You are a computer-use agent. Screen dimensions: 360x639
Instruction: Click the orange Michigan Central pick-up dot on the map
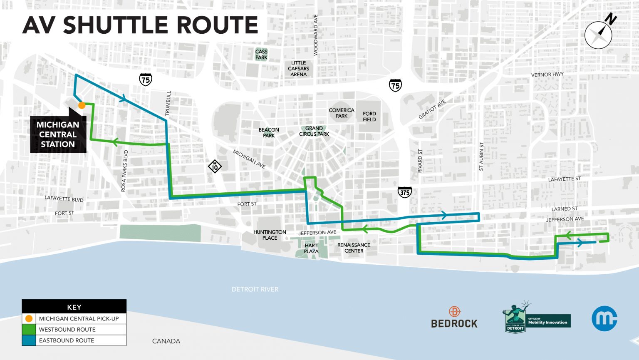tap(82, 105)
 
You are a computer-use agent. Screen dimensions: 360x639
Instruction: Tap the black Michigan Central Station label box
tap(58, 134)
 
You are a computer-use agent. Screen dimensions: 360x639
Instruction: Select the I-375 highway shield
tap(405, 192)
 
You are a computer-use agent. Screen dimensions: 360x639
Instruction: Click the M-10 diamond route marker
tap(215, 166)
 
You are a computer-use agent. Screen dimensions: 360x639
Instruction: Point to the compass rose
tap(598, 35)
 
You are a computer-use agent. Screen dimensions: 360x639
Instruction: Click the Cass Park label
tap(261, 55)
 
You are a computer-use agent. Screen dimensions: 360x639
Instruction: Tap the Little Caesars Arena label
tap(298, 69)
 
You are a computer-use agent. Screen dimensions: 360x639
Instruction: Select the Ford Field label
tap(369, 117)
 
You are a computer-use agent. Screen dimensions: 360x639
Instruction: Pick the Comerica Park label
tap(341, 113)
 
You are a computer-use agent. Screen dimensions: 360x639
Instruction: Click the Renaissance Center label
tap(354, 248)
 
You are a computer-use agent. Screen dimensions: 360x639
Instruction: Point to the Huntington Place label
tap(270, 235)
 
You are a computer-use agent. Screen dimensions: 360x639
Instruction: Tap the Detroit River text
tap(255, 289)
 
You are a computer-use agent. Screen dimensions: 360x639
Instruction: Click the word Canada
tap(166, 341)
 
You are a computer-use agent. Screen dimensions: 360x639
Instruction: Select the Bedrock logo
tap(454, 318)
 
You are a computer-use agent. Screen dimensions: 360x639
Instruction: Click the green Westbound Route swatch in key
tap(29, 330)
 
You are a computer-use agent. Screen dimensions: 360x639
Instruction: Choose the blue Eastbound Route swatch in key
tap(29, 340)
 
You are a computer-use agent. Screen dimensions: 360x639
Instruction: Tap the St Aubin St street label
tap(481, 156)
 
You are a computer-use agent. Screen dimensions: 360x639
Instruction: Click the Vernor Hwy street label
tap(547, 74)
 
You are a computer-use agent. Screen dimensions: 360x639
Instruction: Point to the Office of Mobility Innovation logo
tap(536, 318)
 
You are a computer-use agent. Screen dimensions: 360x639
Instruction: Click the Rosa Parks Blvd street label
tap(124, 171)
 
